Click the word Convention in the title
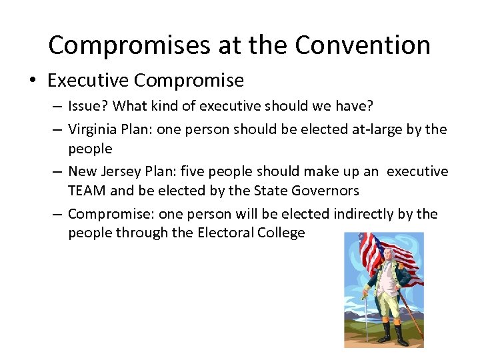363,45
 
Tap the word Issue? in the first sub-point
89,106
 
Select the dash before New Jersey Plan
56,171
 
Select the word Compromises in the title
130,45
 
